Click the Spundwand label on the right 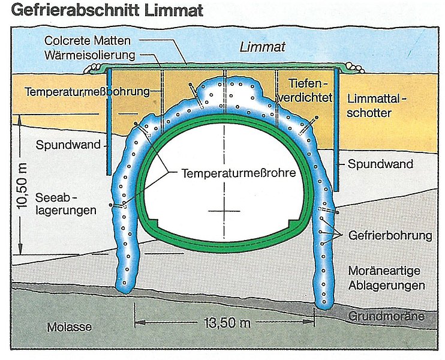click(376, 164)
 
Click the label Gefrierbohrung click(390, 235)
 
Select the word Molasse click(70, 326)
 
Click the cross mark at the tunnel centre click(224, 212)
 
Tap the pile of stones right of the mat click(356, 68)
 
